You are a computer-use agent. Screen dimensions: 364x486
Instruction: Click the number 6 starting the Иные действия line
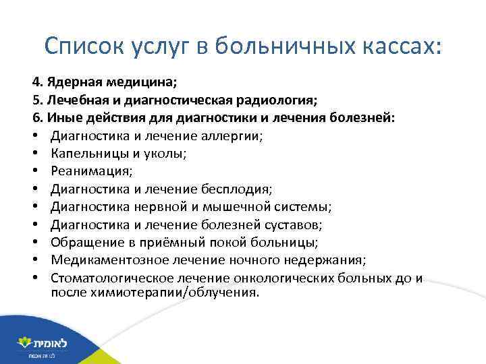[34, 118]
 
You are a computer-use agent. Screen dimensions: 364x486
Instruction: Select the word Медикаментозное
[103, 260]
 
